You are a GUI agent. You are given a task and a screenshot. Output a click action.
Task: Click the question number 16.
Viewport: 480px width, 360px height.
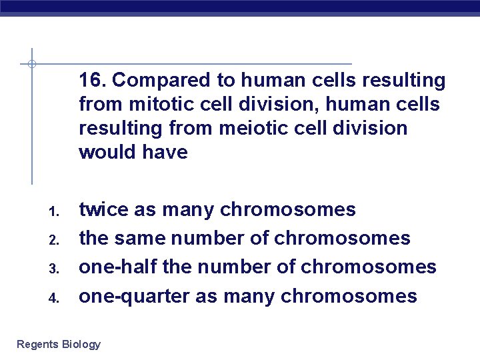click(x=93, y=81)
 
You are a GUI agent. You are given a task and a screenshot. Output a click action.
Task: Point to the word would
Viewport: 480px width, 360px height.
click(x=107, y=152)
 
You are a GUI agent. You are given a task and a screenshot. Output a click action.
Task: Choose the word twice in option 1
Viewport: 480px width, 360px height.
click(x=103, y=209)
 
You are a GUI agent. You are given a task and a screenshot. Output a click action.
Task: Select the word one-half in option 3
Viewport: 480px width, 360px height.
click(x=118, y=267)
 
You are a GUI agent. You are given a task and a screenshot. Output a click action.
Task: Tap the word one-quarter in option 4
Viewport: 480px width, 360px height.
click(x=133, y=296)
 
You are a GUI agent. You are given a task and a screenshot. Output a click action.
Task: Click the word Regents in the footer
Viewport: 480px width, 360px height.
click(x=37, y=345)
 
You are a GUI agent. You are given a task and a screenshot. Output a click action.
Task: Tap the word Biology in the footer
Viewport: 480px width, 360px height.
click(x=81, y=345)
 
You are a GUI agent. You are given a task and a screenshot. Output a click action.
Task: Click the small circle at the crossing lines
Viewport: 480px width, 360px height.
click(x=31, y=64)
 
